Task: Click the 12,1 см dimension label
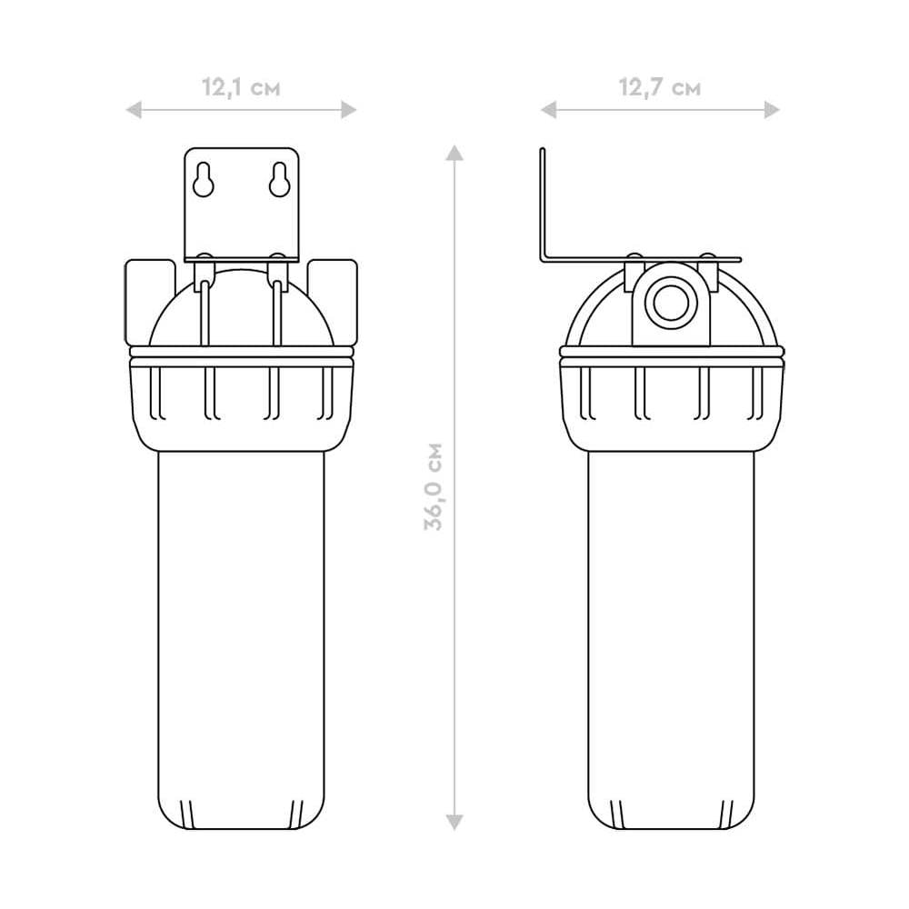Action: pos(241,87)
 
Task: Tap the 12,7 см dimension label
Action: pos(660,87)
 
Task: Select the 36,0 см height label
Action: pos(433,486)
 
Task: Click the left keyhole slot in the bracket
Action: pos(204,179)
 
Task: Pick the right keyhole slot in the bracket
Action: pos(279,179)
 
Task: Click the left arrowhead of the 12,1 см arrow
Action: pos(134,110)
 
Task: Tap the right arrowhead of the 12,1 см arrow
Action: pos(348,110)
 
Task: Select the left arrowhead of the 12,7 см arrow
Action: pos(548,110)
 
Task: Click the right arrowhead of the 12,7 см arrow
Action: pos(772,110)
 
